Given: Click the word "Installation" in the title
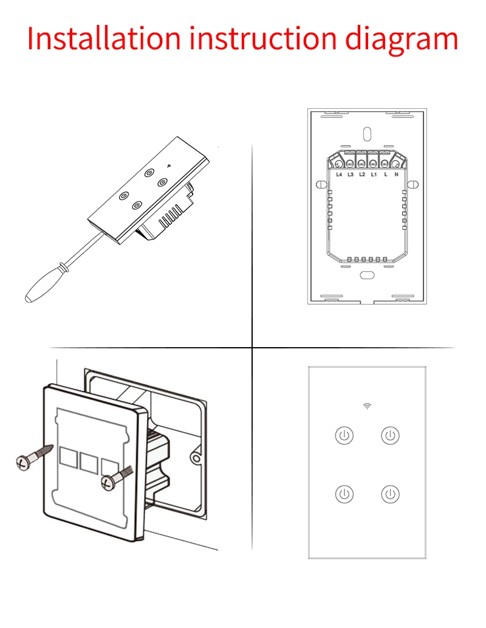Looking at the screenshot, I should point(104,38).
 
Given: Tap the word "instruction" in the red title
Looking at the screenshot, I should point(262,38).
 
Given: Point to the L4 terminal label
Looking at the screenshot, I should point(340,174).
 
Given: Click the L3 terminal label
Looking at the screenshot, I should point(351,174).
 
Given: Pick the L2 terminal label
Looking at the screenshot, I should point(362,174).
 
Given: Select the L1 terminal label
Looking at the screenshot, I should point(374,174).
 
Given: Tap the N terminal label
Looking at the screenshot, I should point(396,174).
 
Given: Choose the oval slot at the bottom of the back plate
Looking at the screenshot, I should point(367,275).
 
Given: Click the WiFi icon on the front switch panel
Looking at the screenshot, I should point(367,406).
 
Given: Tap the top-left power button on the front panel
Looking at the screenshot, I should point(344,435).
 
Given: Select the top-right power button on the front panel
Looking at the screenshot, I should point(390,435).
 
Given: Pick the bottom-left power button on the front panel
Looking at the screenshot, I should point(344,494).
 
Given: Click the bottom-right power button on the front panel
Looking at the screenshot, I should point(390,494).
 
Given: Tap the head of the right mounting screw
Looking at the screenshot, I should point(108,482).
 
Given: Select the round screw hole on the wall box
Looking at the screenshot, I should point(196,456).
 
